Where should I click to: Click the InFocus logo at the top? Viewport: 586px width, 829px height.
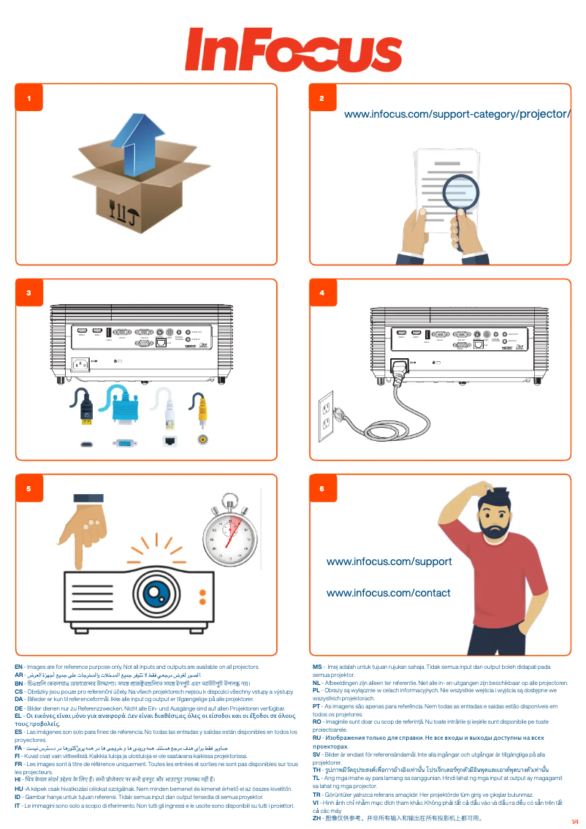pos(293,49)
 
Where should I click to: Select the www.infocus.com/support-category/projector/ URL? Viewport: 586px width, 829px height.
pos(457,114)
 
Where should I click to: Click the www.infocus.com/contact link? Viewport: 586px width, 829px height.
pos(388,593)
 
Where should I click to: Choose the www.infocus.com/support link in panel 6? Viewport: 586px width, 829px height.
pos(389,561)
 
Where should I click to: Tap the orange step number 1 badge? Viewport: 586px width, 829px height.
pos(29,98)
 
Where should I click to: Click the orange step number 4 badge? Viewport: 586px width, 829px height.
pos(322,293)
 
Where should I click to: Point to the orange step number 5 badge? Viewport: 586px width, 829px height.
pos(29,488)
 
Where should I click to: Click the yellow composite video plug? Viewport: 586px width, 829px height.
pos(202,414)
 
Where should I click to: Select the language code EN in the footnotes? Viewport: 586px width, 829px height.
pos(18,667)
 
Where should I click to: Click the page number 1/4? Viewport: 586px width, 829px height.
pos(574,821)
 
